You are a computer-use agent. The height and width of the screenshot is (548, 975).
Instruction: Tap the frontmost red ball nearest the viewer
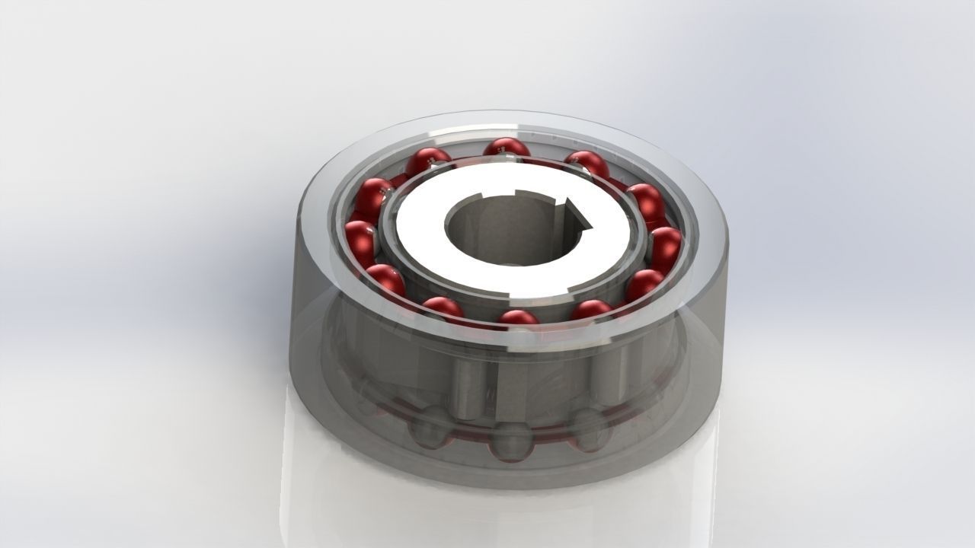(519, 320)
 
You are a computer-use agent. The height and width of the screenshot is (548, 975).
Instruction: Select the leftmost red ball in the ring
(360, 237)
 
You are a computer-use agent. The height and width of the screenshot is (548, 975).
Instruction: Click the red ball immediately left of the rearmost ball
(427, 161)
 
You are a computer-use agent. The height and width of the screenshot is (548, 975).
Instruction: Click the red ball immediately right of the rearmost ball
(587, 164)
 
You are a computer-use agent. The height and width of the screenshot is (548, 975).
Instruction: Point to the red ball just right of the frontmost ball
(591, 311)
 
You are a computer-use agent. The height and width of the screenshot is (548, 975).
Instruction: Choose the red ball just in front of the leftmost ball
(385, 279)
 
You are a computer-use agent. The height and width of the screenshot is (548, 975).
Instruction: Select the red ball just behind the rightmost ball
(645, 200)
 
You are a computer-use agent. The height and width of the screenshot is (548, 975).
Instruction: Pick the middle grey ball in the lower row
(509, 441)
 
